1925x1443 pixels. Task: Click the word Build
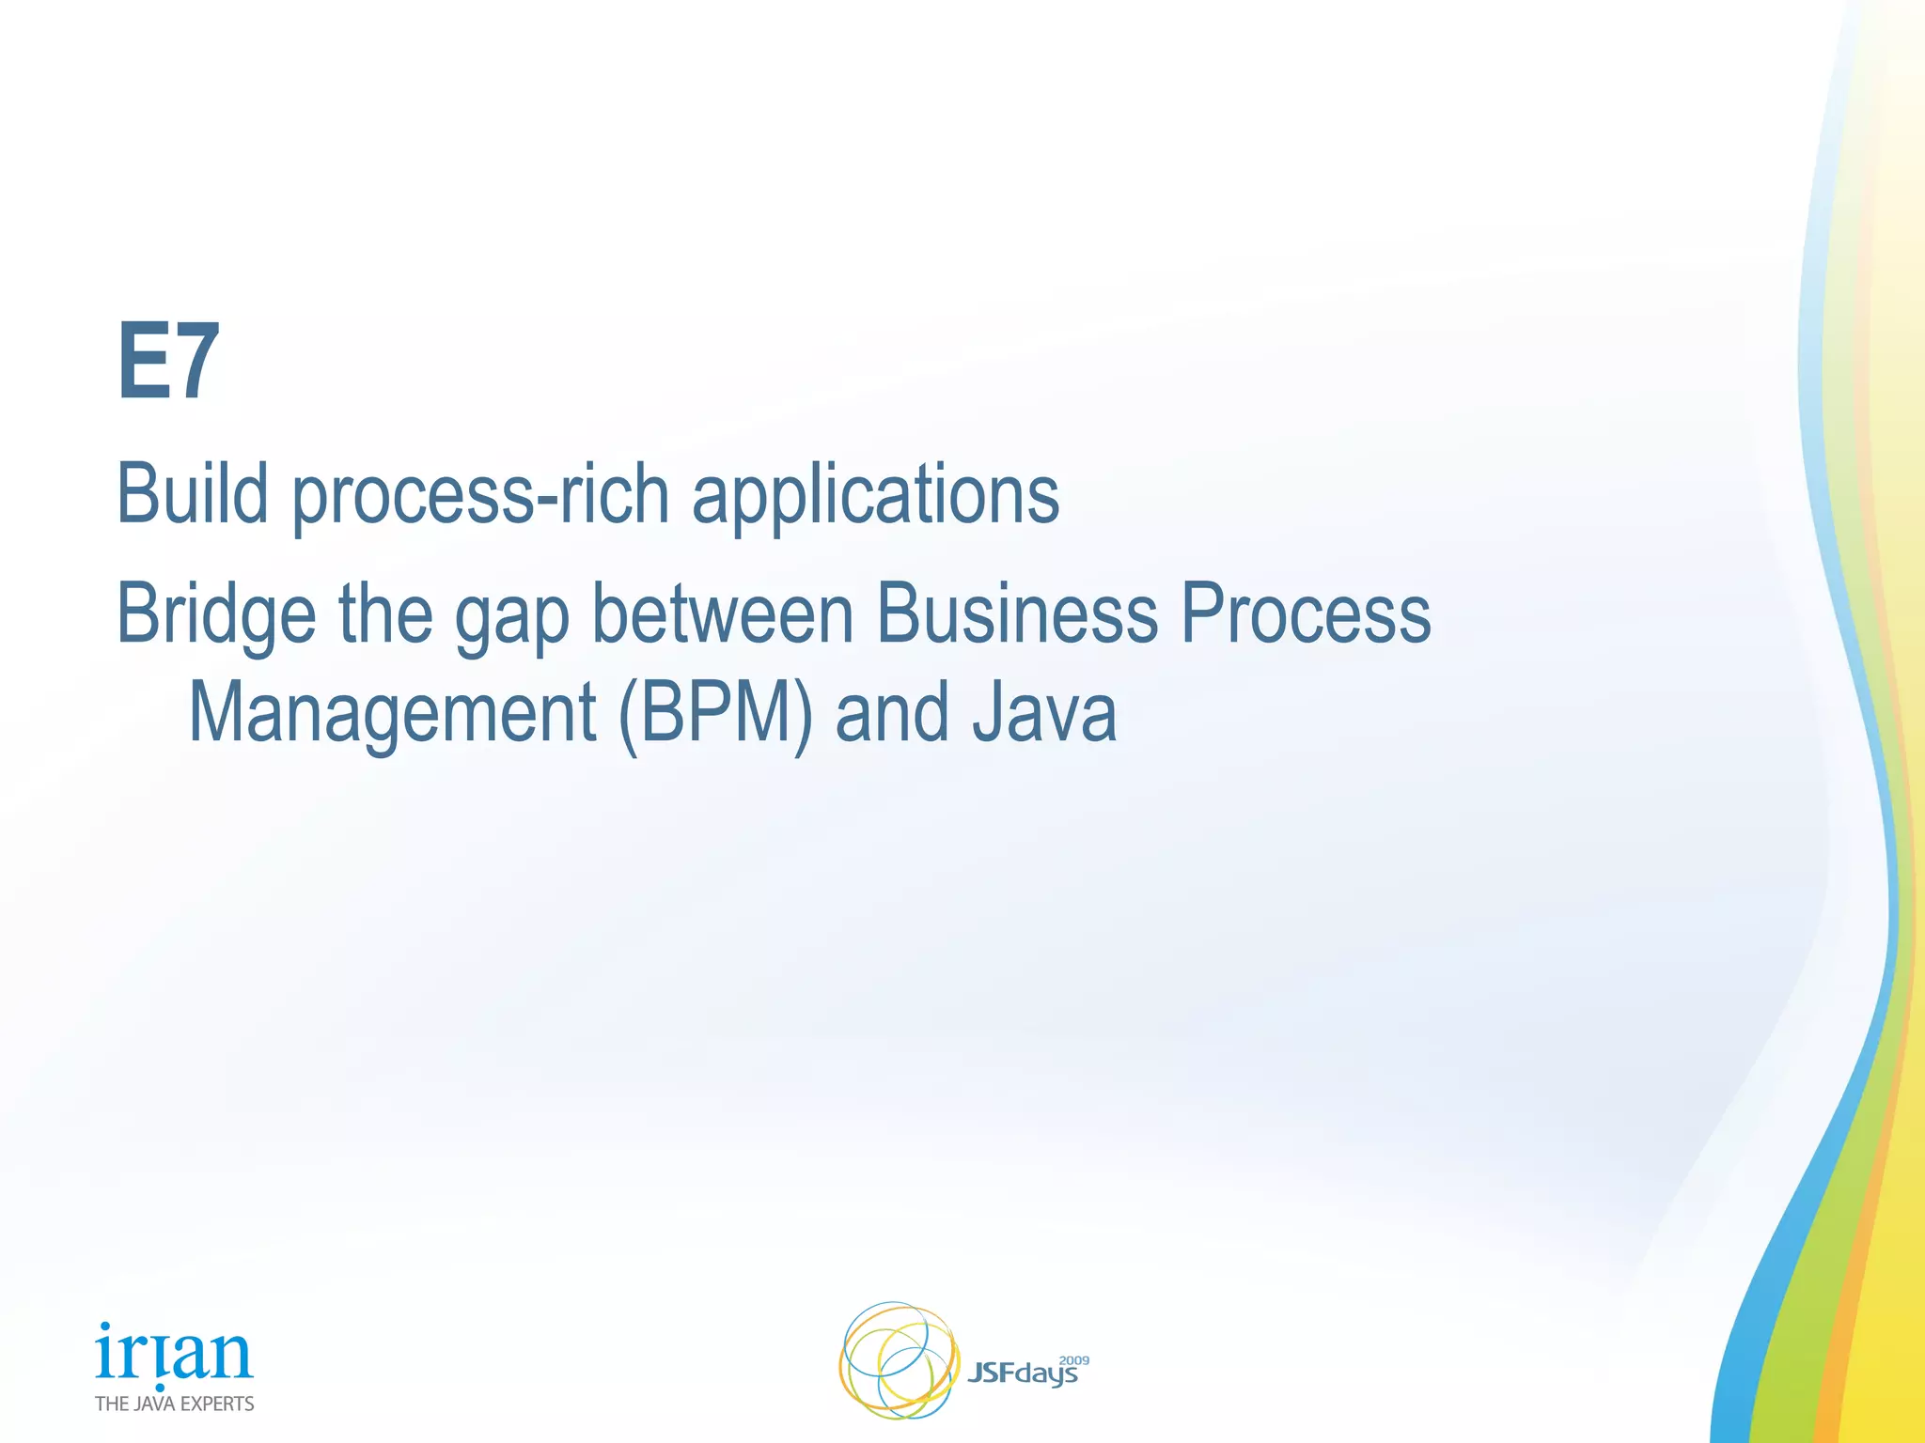[x=192, y=494]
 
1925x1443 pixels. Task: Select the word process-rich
[x=480, y=496]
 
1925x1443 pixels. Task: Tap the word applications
[x=875, y=496]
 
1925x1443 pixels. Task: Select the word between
[x=722, y=613]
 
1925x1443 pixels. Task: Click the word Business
[x=1016, y=613]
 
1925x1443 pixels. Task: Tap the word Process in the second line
[x=1305, y=613]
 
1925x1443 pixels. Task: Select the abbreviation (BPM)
[x=715, y=714]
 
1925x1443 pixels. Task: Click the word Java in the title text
[x=1043, y=712]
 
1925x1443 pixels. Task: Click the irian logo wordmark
[x=174, y=1354]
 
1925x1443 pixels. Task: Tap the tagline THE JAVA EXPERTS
[x=174, y=1404]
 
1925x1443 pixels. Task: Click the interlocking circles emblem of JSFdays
[x=898, y=1359]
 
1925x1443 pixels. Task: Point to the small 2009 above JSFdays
[x=1073, y=1360]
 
